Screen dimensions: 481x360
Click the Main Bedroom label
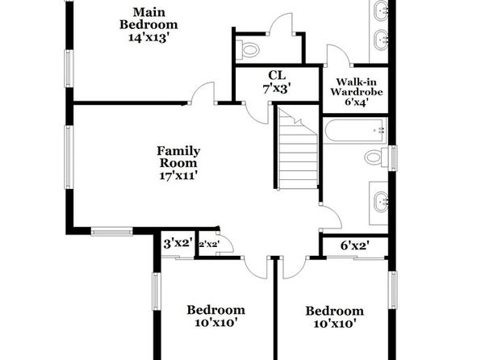(148, 19)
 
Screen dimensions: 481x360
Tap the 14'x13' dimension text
(148, 37)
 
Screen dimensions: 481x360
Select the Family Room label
(178, 157)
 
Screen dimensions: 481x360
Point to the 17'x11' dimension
(178, 175)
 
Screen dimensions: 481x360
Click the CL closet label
(277, 75)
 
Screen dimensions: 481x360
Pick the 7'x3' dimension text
(276, 89)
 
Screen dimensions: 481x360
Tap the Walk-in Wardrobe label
(357, 87)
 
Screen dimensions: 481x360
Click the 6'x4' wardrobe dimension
(357, 102)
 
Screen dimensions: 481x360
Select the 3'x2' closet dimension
(178, 244)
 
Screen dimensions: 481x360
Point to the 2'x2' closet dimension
(209, 245)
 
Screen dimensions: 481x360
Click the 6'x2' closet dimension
(355, 245)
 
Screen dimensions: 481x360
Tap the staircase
(298, 148)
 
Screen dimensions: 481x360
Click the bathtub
(355, 131)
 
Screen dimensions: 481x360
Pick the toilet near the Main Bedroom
(249, 49)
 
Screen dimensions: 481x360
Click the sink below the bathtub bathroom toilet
(381, 202)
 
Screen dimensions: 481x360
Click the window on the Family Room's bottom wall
(111, 232)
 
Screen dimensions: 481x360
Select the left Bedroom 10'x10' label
(216, 316)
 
